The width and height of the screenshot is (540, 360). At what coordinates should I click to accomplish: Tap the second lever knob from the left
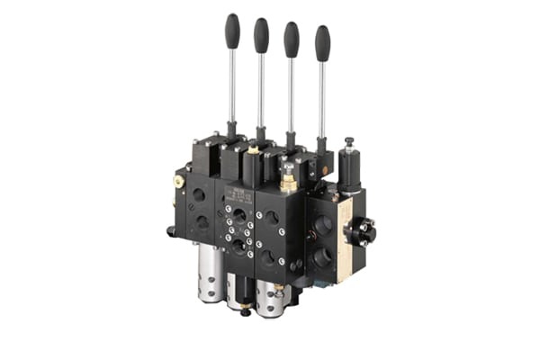pos(261,33)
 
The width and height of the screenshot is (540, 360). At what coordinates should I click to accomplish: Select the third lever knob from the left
pos(292,38)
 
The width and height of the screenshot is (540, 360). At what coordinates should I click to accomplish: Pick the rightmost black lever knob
pos(322,42)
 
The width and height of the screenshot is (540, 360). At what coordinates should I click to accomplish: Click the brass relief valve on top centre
pos(288,179)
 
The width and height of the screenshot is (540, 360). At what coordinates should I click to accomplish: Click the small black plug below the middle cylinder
pos(245,312)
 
